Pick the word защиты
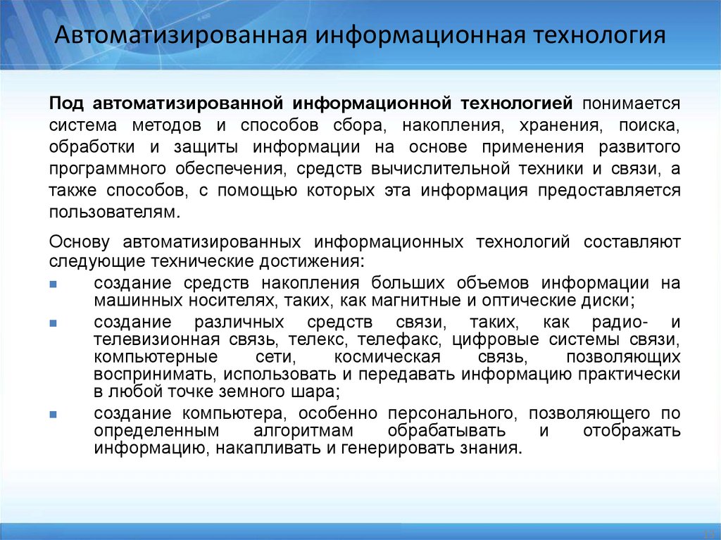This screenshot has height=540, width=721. (x=208, y=147)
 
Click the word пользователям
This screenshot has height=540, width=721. (x=109, y=213)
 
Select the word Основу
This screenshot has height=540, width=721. (x=80, y=242)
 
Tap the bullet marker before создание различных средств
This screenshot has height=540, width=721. (x=54, y=323)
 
